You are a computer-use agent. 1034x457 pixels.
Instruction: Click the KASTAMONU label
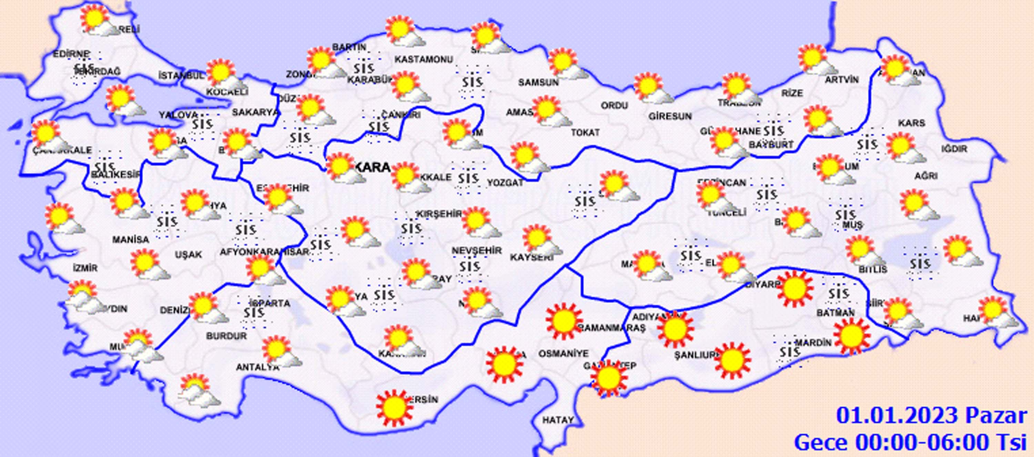click(x=424, y=59)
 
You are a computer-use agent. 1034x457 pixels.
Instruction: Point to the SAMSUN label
click(x=538, y=82)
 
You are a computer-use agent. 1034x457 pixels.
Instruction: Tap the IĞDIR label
click(x=954, y=149)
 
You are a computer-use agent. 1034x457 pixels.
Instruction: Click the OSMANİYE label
click(x=563, y=353)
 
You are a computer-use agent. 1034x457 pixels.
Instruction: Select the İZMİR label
click(x=85, y=267)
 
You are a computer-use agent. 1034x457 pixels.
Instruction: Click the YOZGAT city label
click(x=505, y=183)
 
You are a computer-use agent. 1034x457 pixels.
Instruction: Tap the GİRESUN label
click(x=670, y=116)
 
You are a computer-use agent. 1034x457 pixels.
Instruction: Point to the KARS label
click(x=912, y=123)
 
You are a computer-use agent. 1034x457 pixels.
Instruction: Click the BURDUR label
click(x=226, y=336)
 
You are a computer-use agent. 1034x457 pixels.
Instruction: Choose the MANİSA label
click(x=130, y=240)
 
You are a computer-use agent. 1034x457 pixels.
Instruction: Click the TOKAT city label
click(x=585, y=132)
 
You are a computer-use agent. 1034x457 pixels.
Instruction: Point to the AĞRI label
click(x=926, y=176)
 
